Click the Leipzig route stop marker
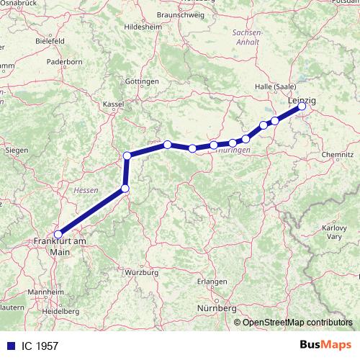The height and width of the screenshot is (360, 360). [x=302, y=107]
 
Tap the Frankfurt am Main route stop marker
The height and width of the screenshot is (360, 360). [x=58, y=234]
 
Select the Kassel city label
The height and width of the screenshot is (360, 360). [x=114, y=104]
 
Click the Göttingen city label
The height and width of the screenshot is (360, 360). [x=142, y=81]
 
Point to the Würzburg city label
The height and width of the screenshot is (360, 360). [x=141, y=273]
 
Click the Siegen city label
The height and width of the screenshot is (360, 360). [x=16, y=150]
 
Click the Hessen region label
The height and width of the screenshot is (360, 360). [x=85, y=190]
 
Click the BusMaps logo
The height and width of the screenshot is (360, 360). [x=326, y=345]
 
